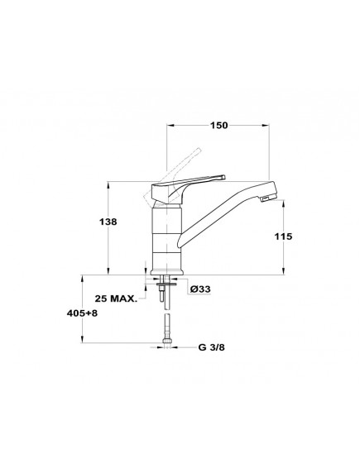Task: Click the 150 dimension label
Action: pyautogui.click(x=219, y=125)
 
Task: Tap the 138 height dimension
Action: pyautogui.click(x=108, y=222)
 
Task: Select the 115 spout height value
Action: pyautogui.click(x=283, y=236)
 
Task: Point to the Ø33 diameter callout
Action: pyautogui.click(x=200, y=289)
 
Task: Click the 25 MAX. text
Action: pyautogui.click(x=116, y=299)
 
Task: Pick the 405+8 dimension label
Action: pyautogui.click(x=82, y=313)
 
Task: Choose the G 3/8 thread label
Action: pyautogui.click(x=211, y=347)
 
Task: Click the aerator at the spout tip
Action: pyautogui.click(x=266, y=198)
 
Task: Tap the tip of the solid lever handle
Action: pyautogui.click(x=223, y=177)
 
